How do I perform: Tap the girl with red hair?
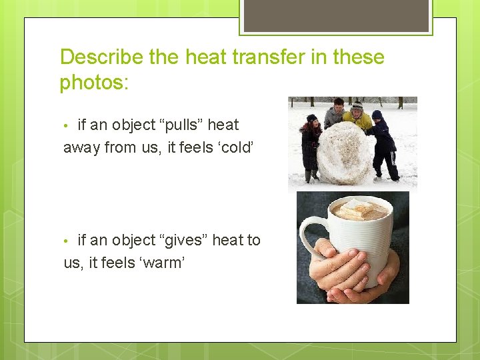(x=311, y=143)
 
